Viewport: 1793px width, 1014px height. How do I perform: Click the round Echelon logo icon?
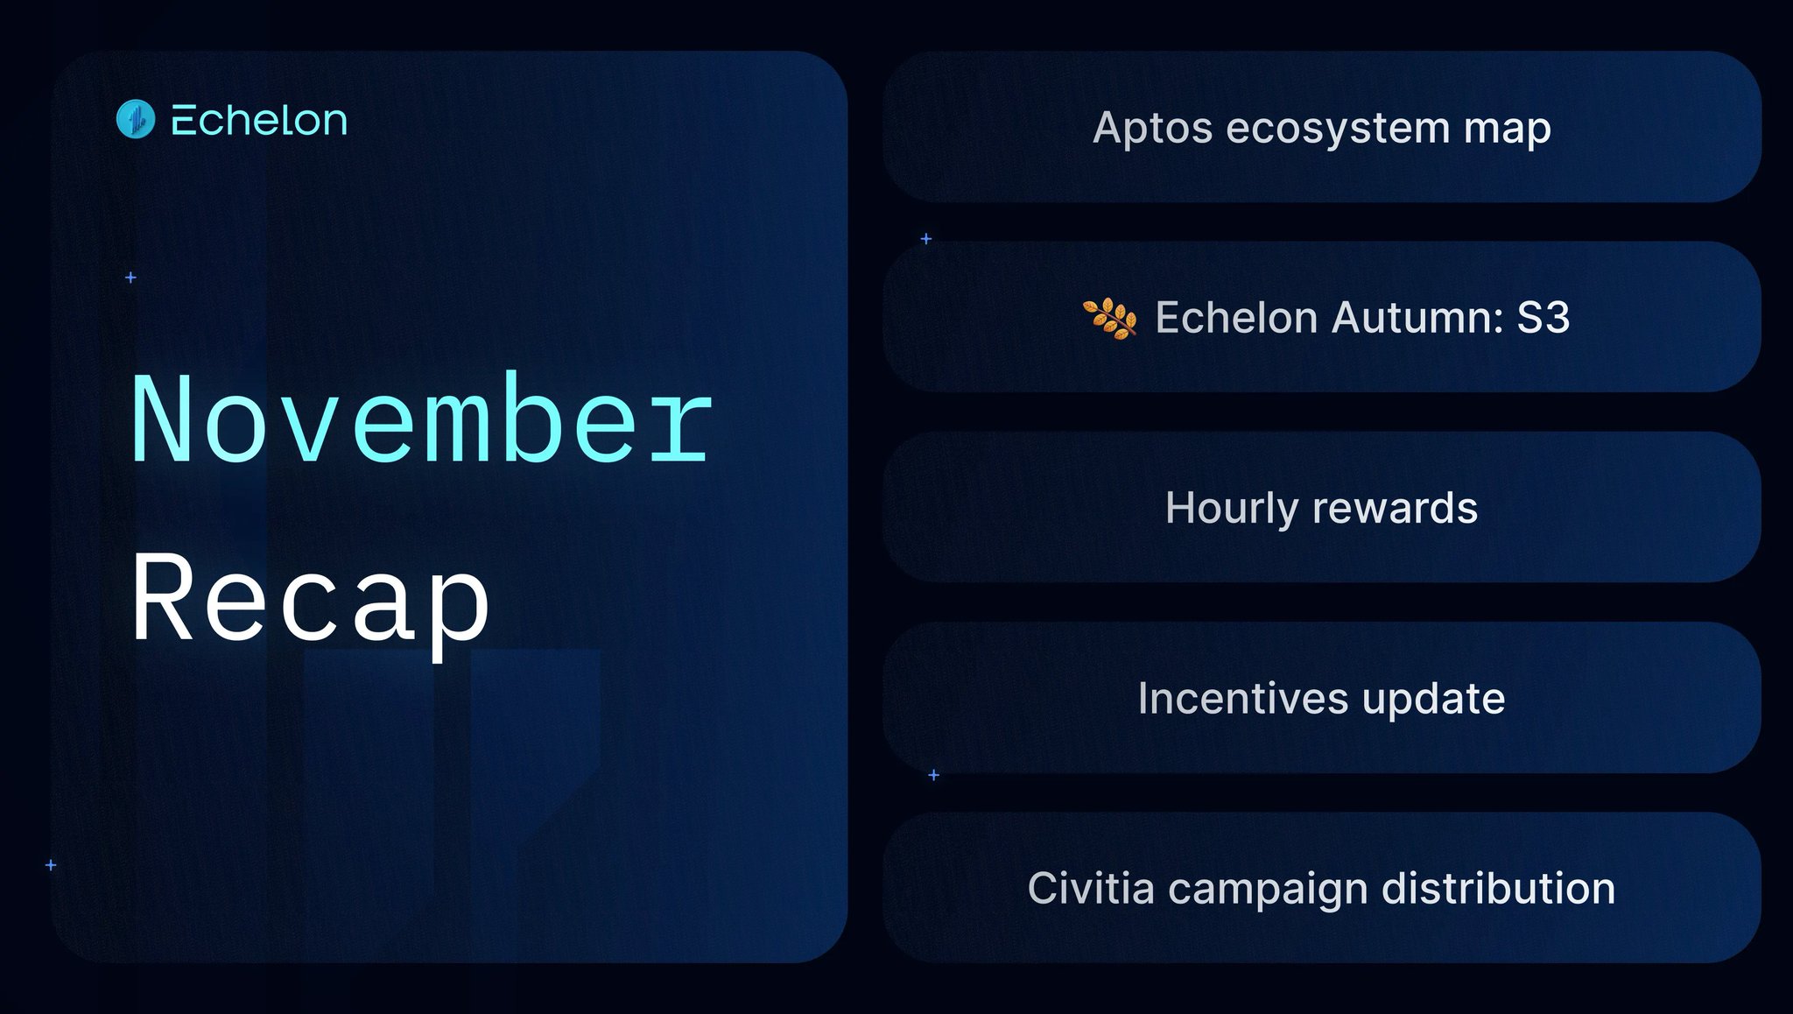click(x=136, y=119)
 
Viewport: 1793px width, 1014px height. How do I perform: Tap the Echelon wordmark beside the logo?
click(x=259, y=120)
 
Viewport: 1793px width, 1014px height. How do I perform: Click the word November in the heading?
click(x=422, y=418)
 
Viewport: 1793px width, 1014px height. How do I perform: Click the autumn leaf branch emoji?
click(x=1110, y=318)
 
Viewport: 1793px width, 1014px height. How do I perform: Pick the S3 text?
click(x=1543, y=317)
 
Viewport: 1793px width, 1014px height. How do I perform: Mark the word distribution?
click(x=1499, y=888)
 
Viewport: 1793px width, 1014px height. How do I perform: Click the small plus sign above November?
click(x=130, y=278)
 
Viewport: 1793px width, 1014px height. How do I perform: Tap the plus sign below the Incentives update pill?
click(x=933, y=775)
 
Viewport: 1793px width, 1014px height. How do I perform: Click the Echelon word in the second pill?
click(x=1236, y=317)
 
